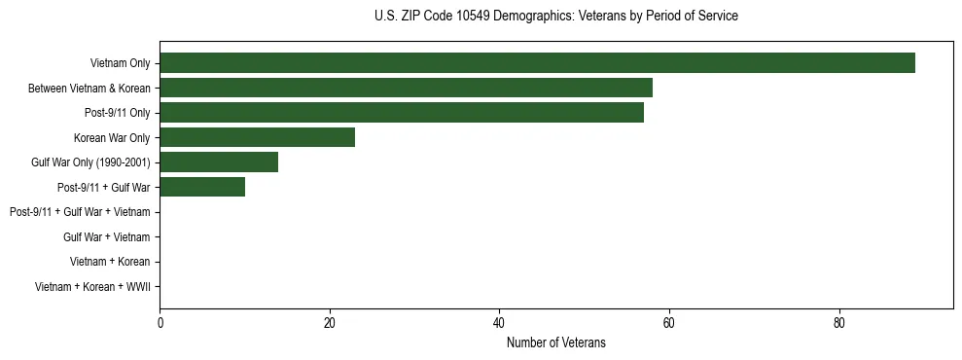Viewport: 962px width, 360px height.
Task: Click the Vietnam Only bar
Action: tap(537, 63)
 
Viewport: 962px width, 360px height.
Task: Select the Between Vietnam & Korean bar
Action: tap(406, 89)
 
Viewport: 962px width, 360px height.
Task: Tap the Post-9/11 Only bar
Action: tap(402, 113)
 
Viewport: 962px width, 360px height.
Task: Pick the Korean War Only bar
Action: tap(257, 137)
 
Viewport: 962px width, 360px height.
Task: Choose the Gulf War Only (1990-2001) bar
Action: tap(219, 162)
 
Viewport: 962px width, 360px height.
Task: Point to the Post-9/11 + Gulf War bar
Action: tap(202, 187)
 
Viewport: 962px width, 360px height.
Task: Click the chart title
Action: tap(555, 17)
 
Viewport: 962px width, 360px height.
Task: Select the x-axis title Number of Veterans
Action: tap(555, 342)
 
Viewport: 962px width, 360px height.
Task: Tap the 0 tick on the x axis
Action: tap(160, 323)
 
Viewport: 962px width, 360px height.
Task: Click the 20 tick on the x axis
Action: tap(330, 323)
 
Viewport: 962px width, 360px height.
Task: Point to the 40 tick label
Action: tap(499, 323)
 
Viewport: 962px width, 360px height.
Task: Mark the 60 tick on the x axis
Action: tap(669, 323)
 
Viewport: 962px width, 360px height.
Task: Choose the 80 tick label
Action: tap(838, 323)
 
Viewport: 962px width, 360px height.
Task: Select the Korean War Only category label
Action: tap(112, 137)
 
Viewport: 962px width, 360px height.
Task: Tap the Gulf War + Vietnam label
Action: tap(106, 236)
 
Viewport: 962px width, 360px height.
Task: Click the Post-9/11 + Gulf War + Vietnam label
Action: tap(80, 212)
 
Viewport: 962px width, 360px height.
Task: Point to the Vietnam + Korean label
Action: tap(110, 262)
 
